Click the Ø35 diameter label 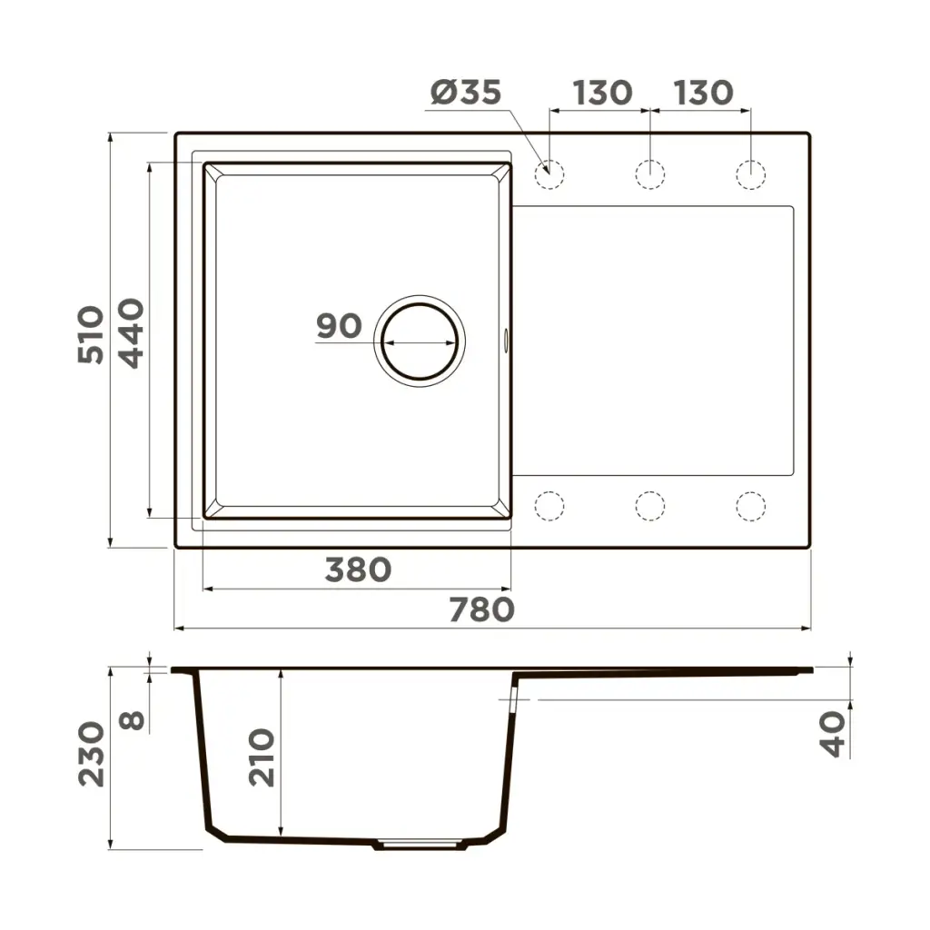click(466, 93)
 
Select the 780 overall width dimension click(481, 609)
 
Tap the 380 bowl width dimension click(358, 570)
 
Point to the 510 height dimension click(92, 334)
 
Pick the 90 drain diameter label click(339, 326)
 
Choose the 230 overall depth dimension click(92, 754)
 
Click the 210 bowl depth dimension click(262, 757)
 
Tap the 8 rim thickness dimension click(132, 720)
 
